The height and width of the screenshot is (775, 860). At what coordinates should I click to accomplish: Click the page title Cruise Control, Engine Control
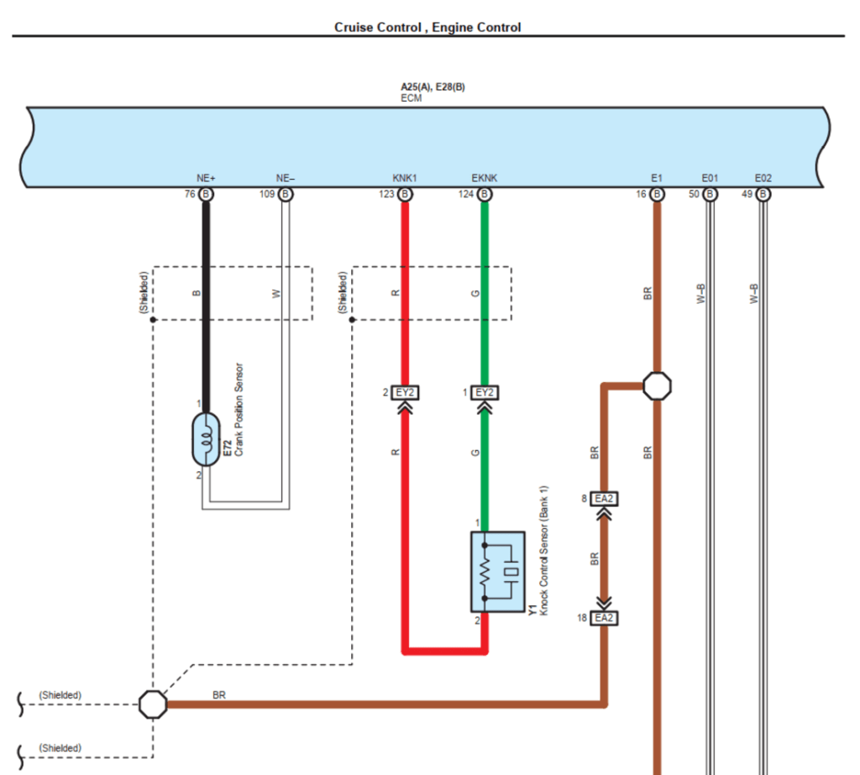[427, 27]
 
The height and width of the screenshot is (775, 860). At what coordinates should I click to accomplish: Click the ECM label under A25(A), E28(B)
[412, 98]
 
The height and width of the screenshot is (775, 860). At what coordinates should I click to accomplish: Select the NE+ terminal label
[207, 178]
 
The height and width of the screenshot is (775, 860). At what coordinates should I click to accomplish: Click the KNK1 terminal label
[405, 178]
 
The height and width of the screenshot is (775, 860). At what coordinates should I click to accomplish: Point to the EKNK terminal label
[485, 178]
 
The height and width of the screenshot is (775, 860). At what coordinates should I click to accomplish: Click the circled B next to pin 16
[657, 195]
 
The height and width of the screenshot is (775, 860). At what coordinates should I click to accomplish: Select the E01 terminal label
[710, 178]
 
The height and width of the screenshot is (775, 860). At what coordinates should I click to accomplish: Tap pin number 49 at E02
[746, 195]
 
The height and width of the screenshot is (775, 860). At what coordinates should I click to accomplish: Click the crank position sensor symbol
[206, 438]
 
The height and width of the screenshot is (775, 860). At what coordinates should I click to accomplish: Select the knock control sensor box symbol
[497, 572]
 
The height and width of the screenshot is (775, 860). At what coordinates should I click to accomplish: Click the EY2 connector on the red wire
[405, 392]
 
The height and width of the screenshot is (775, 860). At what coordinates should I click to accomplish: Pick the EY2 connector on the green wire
[485, 392]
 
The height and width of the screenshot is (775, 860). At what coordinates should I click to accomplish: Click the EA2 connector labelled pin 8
[604, 499]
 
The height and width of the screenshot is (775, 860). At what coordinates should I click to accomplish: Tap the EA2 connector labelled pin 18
[604, 618]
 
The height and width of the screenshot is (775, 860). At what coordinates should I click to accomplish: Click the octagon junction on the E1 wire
[657, 386]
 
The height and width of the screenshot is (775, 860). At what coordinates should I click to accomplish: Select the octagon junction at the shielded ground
[153, 704]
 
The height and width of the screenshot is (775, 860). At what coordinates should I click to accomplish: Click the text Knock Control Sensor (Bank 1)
[543, 550]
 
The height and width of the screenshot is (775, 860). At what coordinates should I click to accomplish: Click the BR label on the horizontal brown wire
[219, 694]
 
